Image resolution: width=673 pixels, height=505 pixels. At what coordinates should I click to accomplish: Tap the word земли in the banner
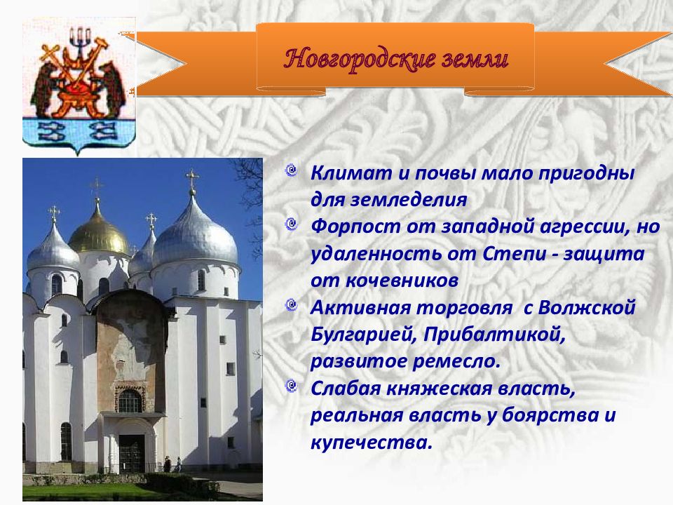469,59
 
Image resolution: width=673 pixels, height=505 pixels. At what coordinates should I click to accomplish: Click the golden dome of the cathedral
98,232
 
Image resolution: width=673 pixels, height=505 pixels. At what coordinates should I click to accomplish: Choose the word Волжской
586,307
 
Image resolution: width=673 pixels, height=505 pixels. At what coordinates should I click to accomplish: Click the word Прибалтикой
494,334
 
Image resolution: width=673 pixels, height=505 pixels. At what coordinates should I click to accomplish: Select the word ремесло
456,361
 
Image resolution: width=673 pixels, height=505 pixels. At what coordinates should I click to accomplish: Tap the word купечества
371,443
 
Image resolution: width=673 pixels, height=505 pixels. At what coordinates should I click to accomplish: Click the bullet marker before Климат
292,171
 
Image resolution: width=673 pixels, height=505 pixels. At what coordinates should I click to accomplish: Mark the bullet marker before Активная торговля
292,306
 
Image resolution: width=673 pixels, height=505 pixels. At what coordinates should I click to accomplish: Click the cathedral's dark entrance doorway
131,454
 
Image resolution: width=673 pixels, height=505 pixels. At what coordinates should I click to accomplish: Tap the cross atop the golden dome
97,188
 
